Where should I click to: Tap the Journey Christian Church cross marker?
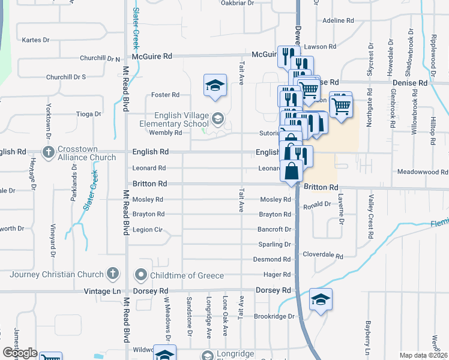click(x=112, y=274)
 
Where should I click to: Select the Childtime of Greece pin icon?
click(x=142, y=275)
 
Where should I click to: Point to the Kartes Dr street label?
click(x=34, y=40)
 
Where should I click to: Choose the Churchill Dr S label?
click(x=66, y=77)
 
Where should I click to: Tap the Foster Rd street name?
click(x=166, y=95)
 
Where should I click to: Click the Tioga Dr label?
click(x=89, y=113)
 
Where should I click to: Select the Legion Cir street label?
click(x=148, y=229)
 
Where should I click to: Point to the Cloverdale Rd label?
click(x=323, y=256)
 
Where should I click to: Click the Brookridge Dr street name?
click(x=274, y=316)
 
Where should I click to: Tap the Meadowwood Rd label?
click(x=423, y=172)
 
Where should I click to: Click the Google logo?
click(x=20, y=352)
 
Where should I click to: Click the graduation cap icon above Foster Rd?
click(x=214, y=86)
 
